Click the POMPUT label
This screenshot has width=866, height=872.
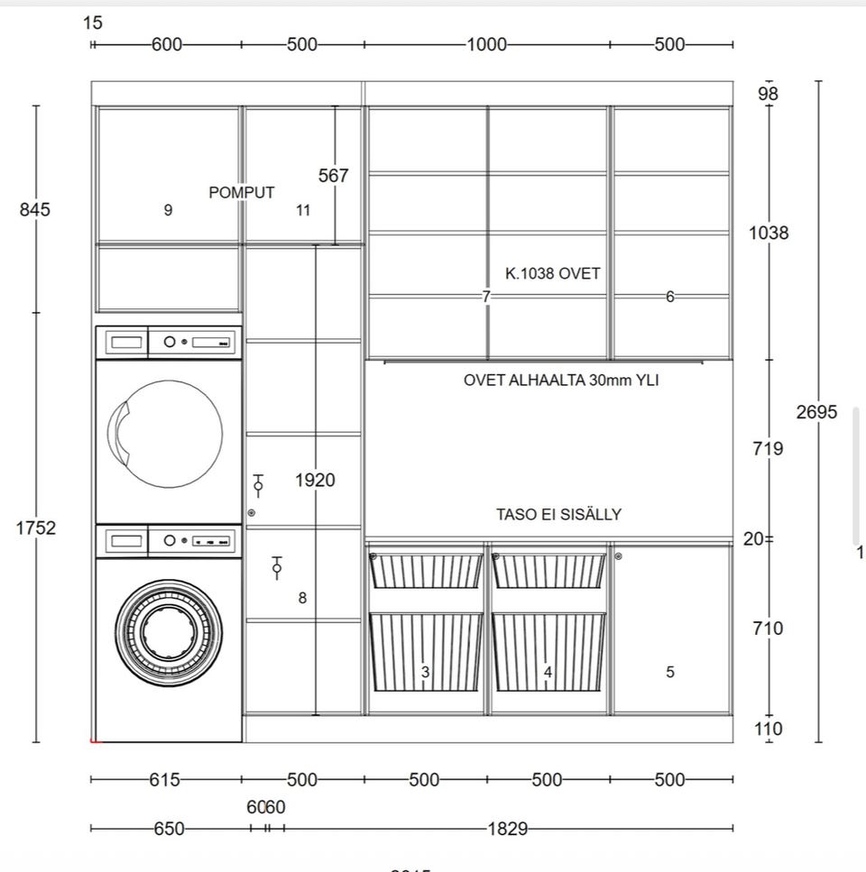coord(242,192)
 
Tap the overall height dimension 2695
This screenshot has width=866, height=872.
coord(816,412)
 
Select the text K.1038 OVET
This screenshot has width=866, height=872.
coord(553,273)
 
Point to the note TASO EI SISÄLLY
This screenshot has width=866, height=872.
coord(558,515)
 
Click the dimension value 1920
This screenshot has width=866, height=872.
coord(315,480)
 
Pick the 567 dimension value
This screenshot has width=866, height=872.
coord(333,176)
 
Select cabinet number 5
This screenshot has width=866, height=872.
coord(669,672)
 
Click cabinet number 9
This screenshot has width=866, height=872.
coord(169,210)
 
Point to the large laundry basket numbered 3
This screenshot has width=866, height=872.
coord(425,651)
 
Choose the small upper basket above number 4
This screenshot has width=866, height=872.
coord(548,571)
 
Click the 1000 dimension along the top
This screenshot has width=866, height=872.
coord(486,44)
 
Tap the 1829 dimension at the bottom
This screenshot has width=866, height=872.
coord(509,829)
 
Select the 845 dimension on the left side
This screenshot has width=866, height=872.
coord(35,209)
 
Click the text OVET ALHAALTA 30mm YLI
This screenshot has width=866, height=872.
coord(561,380)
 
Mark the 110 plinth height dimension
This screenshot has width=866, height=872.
coord(768,729)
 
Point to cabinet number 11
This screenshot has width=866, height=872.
coord(303,210)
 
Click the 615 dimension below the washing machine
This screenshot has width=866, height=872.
coord(165,780)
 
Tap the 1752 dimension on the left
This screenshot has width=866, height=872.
coord(35,528)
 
